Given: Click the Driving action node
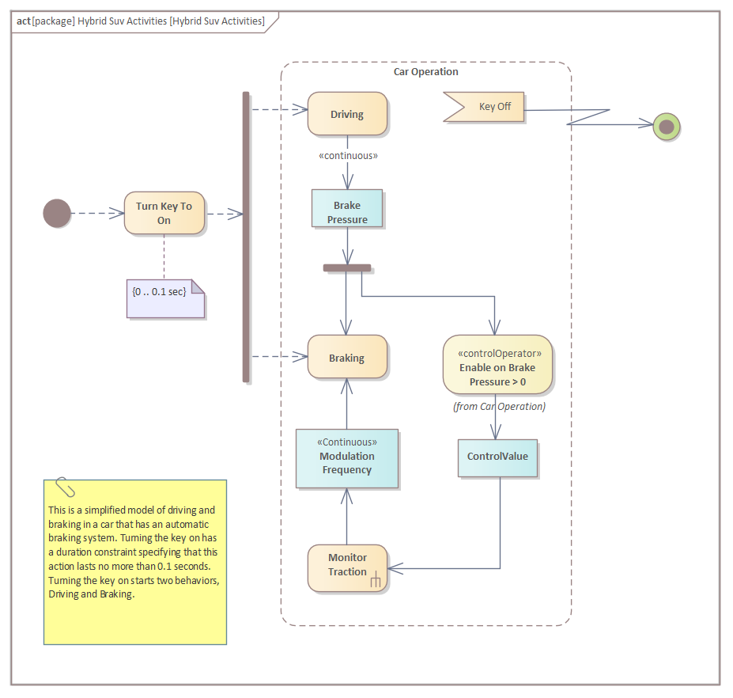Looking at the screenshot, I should (347, 114).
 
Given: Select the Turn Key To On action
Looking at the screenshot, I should (164, 213).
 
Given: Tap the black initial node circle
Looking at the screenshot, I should (57, 213).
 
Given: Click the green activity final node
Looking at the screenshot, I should (667, 126).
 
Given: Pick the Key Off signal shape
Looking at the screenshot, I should (485, 107).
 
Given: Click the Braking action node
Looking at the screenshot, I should (347, 358).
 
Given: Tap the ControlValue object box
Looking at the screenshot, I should (497, 457).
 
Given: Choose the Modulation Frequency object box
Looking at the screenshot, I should (347, 459).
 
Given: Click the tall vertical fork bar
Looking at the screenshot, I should (246, 237).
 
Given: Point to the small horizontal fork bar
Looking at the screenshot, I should (347, 268).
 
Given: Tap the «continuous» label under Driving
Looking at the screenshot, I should (348, 156).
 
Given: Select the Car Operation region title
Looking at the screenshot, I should (425, 72).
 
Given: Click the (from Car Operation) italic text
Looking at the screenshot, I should (499, 407).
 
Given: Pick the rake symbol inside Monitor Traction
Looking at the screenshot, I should (376, 582).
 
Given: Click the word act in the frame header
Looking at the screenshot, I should (23, 21).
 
